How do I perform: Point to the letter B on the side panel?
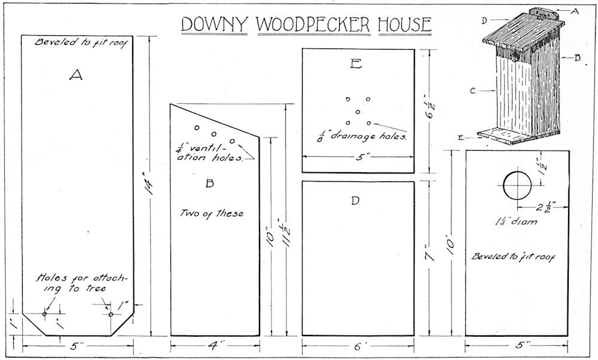(209, 184)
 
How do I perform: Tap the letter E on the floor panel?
(356, 64)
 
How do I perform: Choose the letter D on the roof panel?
(355, 200)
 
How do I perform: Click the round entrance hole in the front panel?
(517, 186)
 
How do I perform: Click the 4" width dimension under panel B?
(216, 345)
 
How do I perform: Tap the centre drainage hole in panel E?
(358, 112)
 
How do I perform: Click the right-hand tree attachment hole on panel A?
(110, 315)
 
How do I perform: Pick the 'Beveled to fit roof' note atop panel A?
(76, 43)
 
